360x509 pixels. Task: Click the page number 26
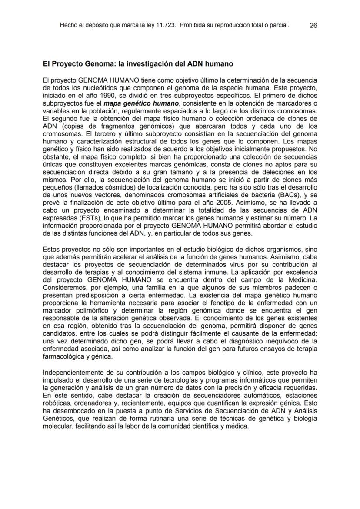[x=313, y=25]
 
